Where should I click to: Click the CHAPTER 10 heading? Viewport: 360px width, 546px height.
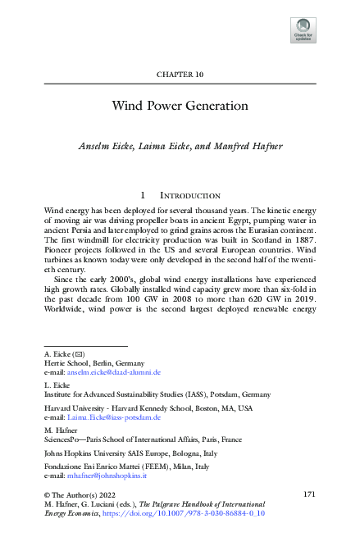[x=180, y=74]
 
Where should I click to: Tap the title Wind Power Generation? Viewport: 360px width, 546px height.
[x=180, y=106]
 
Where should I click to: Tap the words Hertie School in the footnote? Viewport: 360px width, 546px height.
[x=67, y=362]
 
